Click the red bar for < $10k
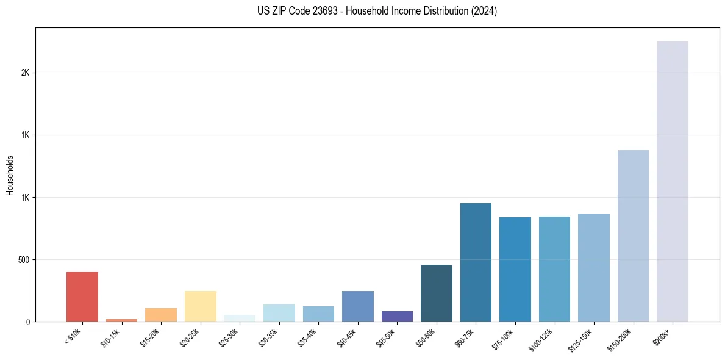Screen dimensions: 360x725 click(x=82, y=297)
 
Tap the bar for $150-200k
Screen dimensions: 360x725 click(x=633, y=236)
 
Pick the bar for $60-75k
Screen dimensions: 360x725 click(x=476, y=262)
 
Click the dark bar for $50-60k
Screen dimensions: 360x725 click(x=437, y=293)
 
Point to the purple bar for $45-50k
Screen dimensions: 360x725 click(x=397, y=316)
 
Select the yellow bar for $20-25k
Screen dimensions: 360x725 click(x=201, y=306)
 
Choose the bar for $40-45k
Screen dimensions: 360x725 click(x=358, y=306)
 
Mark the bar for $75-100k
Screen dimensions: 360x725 click(x=515, y=270)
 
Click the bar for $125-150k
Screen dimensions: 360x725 click(x=594, y=268)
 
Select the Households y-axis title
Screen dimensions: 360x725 click(x=10, y=175)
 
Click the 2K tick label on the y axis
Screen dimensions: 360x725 click(x=25, y=73)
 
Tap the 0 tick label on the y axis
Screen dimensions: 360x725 click(x=27, y=322)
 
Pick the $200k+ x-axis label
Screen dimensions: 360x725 click(x=666, y=337)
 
